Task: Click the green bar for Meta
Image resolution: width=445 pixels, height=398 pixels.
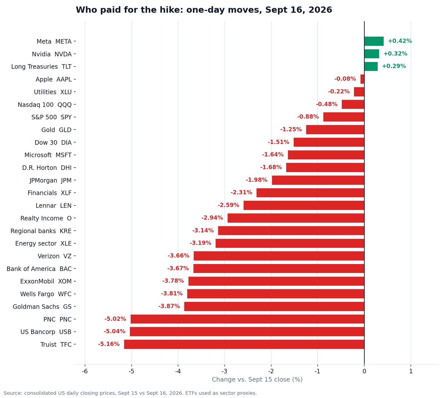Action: [x=374, y=41]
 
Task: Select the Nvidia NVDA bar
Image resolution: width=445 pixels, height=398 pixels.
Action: [x=372, y=54]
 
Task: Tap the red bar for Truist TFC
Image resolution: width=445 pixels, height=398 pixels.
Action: [x=244, y=344]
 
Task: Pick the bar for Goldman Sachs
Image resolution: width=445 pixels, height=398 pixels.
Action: [x=274, y=307]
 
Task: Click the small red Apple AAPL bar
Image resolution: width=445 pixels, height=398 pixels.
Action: [x=362, y=79]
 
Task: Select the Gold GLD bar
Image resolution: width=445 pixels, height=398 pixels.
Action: [x=335, y=130]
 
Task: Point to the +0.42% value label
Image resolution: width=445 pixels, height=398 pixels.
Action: [x=400, y=41]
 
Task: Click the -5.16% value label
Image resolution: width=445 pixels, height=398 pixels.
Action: [x=109, y=344]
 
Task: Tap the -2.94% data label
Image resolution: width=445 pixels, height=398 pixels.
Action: [x=212, y=218]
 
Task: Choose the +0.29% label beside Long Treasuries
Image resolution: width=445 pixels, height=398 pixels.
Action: [x=394, y=66]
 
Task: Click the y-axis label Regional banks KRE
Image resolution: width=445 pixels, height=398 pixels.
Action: [x=41, y=231]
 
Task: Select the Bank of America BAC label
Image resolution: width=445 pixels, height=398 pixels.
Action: [x=39, y=269]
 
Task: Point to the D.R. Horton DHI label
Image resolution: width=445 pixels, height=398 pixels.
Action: [x=47, y=168]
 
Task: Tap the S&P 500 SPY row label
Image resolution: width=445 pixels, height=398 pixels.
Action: [x=51, y=117]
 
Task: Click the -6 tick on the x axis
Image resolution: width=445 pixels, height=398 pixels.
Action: [x=85, y=371]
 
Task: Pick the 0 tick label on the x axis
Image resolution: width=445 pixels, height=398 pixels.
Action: [x=364, y=371]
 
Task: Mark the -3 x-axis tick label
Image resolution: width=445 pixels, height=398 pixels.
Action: [x=224, y=371]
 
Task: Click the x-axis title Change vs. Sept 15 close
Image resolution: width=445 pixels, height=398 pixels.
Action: [x=257, y=380]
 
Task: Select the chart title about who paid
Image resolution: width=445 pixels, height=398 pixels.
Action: [x=204, y=10]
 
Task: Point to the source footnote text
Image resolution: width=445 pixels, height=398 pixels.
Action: [x=130, y=393]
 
